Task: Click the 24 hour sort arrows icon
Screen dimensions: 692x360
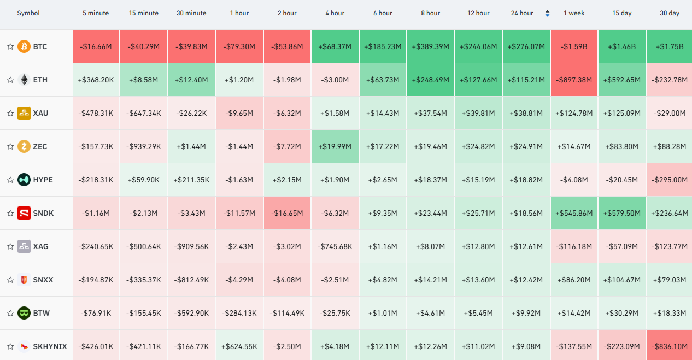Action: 547,13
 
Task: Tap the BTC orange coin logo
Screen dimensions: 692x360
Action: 24,46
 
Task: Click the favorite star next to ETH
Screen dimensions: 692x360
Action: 10,80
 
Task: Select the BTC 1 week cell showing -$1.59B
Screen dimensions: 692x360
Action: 574,46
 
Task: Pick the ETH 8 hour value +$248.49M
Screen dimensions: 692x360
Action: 430,80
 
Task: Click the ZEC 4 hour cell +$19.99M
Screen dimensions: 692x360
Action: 335,146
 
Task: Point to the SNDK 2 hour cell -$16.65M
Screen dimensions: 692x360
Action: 287,213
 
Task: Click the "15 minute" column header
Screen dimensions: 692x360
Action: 144,13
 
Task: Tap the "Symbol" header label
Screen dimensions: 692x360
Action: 28,13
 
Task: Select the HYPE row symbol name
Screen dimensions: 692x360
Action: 43,180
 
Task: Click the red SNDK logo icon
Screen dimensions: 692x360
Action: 24,213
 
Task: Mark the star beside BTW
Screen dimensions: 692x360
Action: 10,313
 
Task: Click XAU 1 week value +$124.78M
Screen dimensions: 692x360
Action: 574,113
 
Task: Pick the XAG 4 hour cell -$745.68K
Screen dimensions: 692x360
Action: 335,246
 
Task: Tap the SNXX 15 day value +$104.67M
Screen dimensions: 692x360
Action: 622,280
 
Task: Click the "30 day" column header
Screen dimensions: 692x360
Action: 670,13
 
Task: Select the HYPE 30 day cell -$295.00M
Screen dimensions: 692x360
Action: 669,180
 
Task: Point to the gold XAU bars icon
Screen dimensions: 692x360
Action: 24,113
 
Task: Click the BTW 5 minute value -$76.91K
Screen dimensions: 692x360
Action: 96,313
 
